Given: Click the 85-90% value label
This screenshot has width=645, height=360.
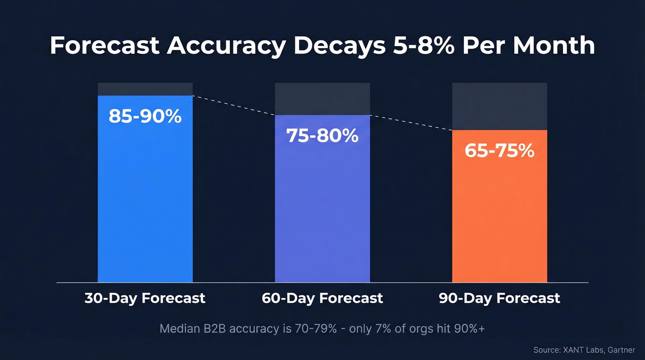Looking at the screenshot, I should (145, 117).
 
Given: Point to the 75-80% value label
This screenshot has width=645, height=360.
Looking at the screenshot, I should (322, 136).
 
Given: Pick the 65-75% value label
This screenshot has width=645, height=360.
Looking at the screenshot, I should (499, 151).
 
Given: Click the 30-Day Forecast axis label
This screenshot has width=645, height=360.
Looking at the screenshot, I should (145, 298).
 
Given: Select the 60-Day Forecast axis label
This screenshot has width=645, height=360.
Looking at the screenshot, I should (322, 298).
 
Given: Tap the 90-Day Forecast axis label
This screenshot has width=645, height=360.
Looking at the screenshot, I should (499, 298).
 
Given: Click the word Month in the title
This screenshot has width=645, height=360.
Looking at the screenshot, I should (554, 46).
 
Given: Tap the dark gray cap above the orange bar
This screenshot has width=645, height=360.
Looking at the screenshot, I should (499, 106).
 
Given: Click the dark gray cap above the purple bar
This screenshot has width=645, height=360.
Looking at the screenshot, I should (322, 99).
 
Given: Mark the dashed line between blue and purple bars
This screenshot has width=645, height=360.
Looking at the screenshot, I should (234, 106).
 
